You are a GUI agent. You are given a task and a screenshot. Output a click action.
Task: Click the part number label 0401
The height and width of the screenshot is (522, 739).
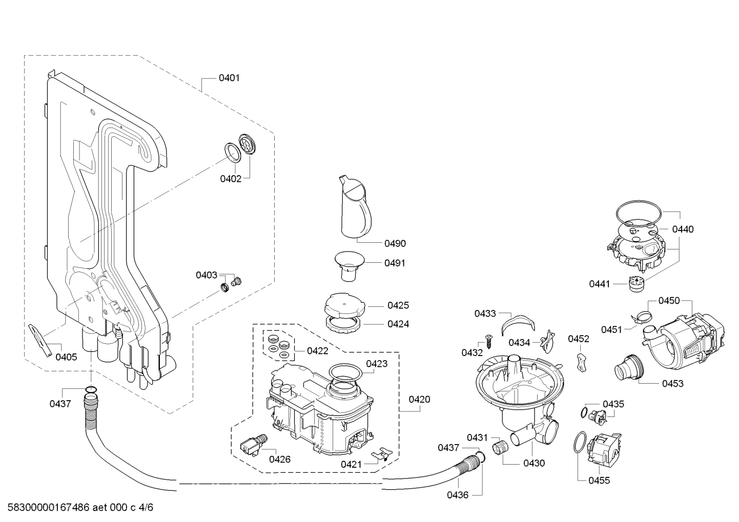point(229,78)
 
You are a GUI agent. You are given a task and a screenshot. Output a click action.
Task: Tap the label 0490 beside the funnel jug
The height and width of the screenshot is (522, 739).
point(395,244)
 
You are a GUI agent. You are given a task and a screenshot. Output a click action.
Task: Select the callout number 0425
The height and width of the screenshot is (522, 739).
point(398,305)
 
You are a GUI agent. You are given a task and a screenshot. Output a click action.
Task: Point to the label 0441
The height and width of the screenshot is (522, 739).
point(600,284)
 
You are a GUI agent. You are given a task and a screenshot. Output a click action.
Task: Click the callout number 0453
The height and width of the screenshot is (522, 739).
point(673,384)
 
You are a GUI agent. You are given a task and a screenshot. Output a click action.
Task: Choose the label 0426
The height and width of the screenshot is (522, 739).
point(280,460)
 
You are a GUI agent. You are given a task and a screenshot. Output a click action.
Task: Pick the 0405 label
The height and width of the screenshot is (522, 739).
point(66,357)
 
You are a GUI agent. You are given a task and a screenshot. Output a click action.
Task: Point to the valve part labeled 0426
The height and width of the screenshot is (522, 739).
point(254,446)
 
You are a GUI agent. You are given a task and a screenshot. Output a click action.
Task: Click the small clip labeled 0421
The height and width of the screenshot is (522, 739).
point(382,454)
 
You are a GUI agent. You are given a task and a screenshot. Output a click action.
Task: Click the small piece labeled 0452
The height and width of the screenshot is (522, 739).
point(582,362)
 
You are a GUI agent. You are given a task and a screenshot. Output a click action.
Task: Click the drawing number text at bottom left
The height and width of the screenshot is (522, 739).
point(80,508)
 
